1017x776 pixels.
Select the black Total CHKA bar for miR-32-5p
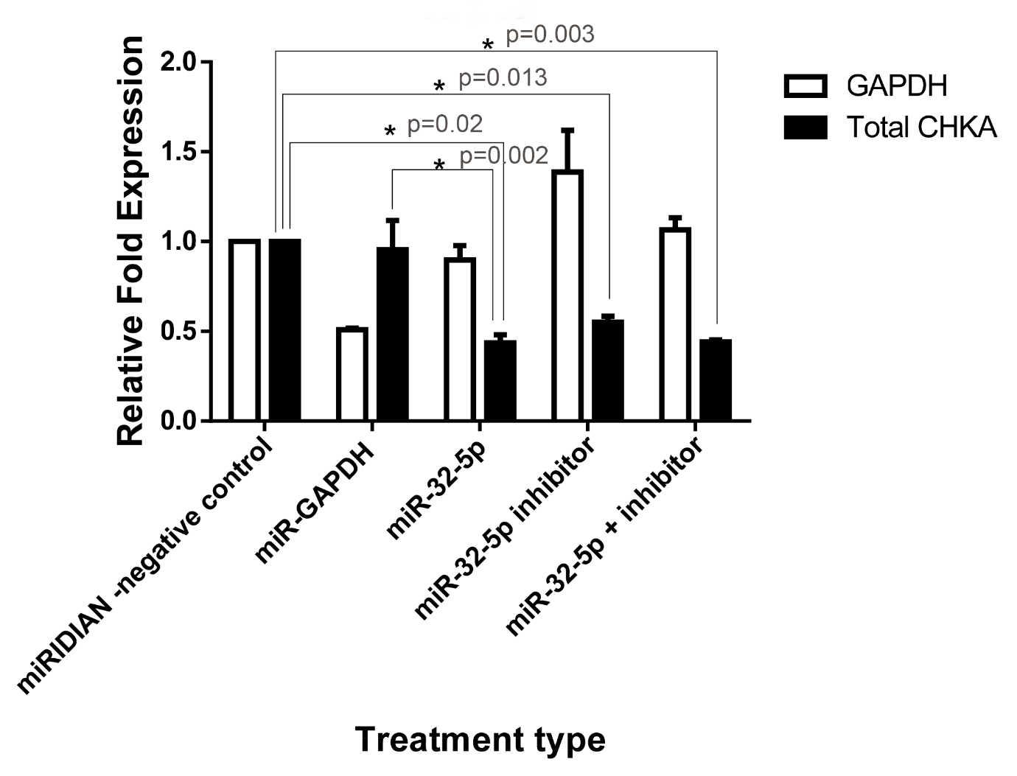(500, 380)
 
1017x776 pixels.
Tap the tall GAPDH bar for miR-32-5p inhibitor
(567, 295)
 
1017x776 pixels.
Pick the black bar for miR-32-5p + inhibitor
(715, 380)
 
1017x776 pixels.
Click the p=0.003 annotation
(550, 35)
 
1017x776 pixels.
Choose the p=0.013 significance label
(503, 78)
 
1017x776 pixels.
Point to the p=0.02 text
(445, 124)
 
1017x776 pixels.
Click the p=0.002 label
(504, 155)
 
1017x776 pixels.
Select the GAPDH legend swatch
(805, 86)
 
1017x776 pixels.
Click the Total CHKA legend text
(921, 128)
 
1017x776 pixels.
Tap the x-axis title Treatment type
(480, 739)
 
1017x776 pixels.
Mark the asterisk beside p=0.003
(487, 46)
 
